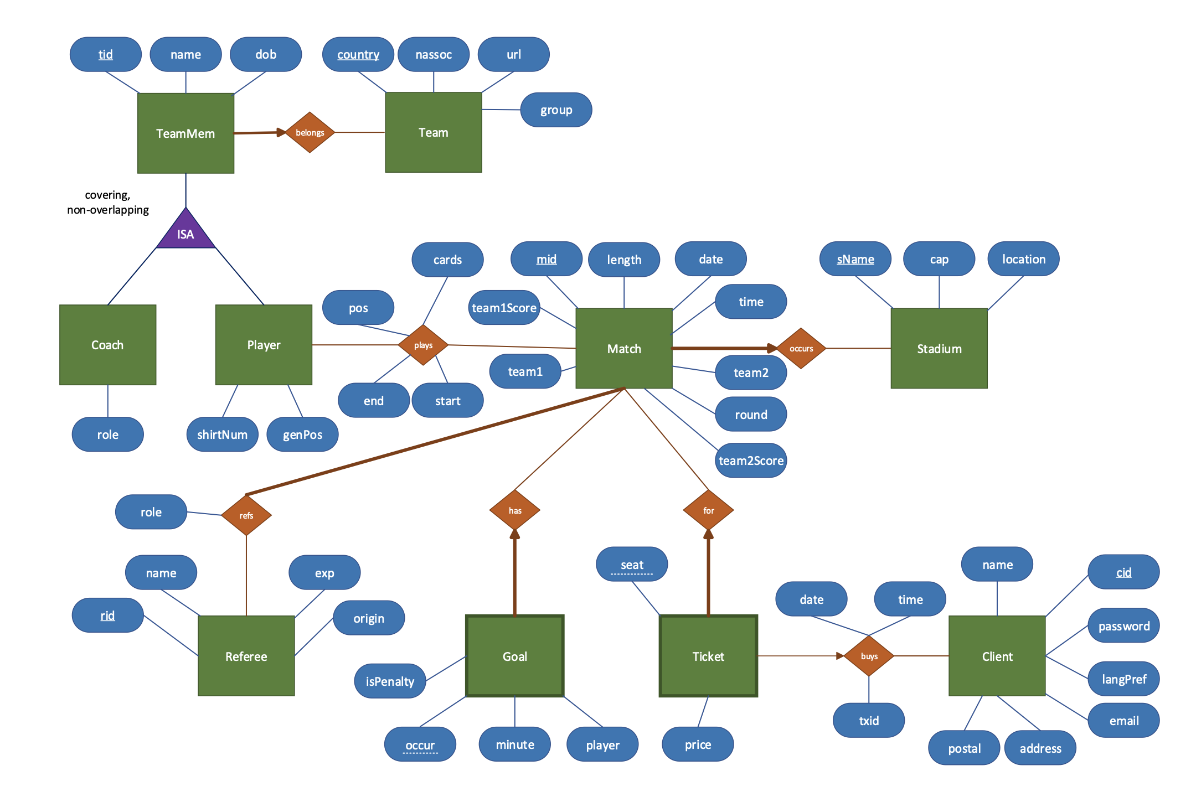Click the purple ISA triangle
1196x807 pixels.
(x=185, y=232)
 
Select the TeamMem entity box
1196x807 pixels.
(x=185, y=133)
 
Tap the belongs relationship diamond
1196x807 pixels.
(x=310, y=132)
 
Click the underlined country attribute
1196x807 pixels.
(x=358, y=54)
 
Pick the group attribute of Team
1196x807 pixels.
(x=556, y=110)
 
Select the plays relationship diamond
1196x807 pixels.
(x=423, y=345)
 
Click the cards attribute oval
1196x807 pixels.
(x=447, y=259)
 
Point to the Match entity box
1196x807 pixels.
(x=624, y=349)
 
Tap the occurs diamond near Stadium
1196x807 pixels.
(x=801, y=348)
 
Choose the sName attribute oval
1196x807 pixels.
(x=855, y=258)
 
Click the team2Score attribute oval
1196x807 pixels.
(x=751, y=461)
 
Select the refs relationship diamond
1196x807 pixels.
(x=246, y=515)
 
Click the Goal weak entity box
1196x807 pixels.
(x=514, y=656)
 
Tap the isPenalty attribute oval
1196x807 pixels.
(x=390, y=681)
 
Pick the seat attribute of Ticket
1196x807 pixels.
(x=632, y=564)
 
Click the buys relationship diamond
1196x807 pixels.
(x=869, y=656)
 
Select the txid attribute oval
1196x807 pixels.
(x=869, y=720)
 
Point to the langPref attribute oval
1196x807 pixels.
(x=1123, y=679)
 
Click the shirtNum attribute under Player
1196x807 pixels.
(x=222, y=434)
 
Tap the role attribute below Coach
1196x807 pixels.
(x=107, y=434)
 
